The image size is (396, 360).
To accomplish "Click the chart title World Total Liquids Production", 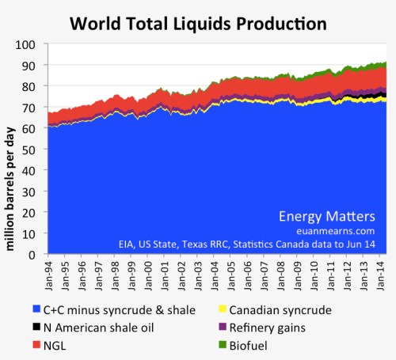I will pos(198,23).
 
